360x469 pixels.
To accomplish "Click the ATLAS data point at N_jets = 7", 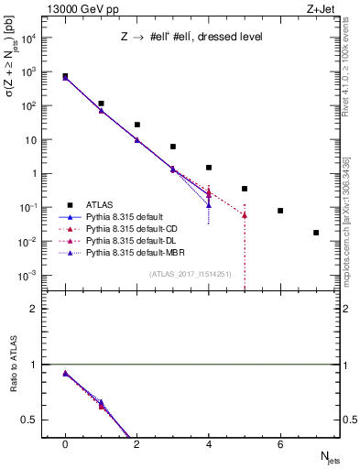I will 316,233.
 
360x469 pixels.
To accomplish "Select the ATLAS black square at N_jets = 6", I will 280,211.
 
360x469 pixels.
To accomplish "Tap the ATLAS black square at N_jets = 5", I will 245,189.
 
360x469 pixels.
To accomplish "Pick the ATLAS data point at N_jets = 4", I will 209,168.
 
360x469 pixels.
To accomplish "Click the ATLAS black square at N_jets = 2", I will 136,125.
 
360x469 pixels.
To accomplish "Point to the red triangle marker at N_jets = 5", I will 245,215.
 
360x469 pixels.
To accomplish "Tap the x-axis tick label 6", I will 280,444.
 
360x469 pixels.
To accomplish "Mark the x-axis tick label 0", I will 65,444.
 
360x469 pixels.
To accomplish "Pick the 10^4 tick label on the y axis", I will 31,38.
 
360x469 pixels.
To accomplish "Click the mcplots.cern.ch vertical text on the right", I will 351,211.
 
